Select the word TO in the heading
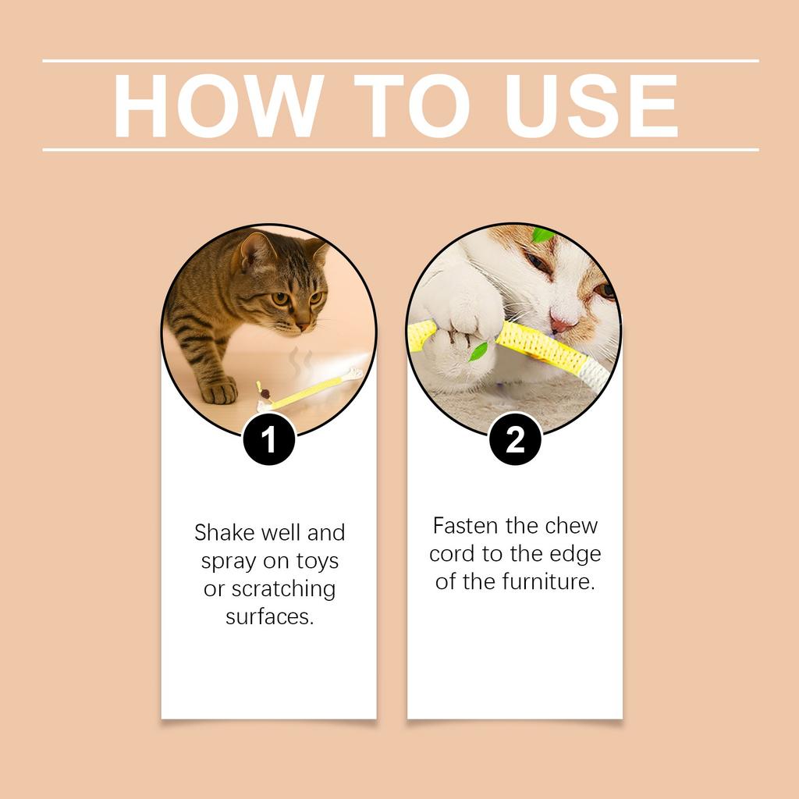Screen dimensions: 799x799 411,107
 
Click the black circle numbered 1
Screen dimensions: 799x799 268,439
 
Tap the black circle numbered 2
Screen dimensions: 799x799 515,439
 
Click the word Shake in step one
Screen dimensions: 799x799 225,533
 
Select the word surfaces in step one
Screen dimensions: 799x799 269,616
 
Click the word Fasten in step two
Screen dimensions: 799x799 464,526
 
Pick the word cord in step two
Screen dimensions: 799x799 450,554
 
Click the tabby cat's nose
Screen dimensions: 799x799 302,325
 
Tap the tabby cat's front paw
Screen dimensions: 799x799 218,389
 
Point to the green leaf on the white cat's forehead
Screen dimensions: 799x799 542,235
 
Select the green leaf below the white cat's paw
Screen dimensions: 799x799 478,351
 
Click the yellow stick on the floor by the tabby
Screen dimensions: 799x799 304,389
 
